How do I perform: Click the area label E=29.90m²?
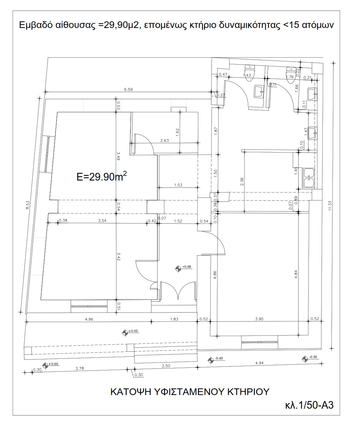click(x=101, y=176)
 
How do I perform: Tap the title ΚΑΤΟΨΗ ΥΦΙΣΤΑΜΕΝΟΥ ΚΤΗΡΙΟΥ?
click(x=190, y=391)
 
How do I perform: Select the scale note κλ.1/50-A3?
click(x=309, y=405)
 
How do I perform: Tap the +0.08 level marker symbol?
click(x=179, y=267)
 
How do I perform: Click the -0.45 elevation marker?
click(x=211, y=359)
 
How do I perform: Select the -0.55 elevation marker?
click(x=305, y=358)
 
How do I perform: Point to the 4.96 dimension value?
click(x=89, y=319)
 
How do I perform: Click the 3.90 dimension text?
click(x=259, y=319)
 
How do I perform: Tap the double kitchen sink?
click(x=308, y=178)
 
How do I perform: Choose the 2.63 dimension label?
click(x=164, y=141)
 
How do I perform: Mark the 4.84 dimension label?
click(x=296, y=273)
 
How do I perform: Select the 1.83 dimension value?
click(x=174, y=319)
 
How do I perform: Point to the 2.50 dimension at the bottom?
click(x=166, y=365)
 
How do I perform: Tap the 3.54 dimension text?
click(x=102, y=220)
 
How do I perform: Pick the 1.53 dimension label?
click(x=178, y=185)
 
